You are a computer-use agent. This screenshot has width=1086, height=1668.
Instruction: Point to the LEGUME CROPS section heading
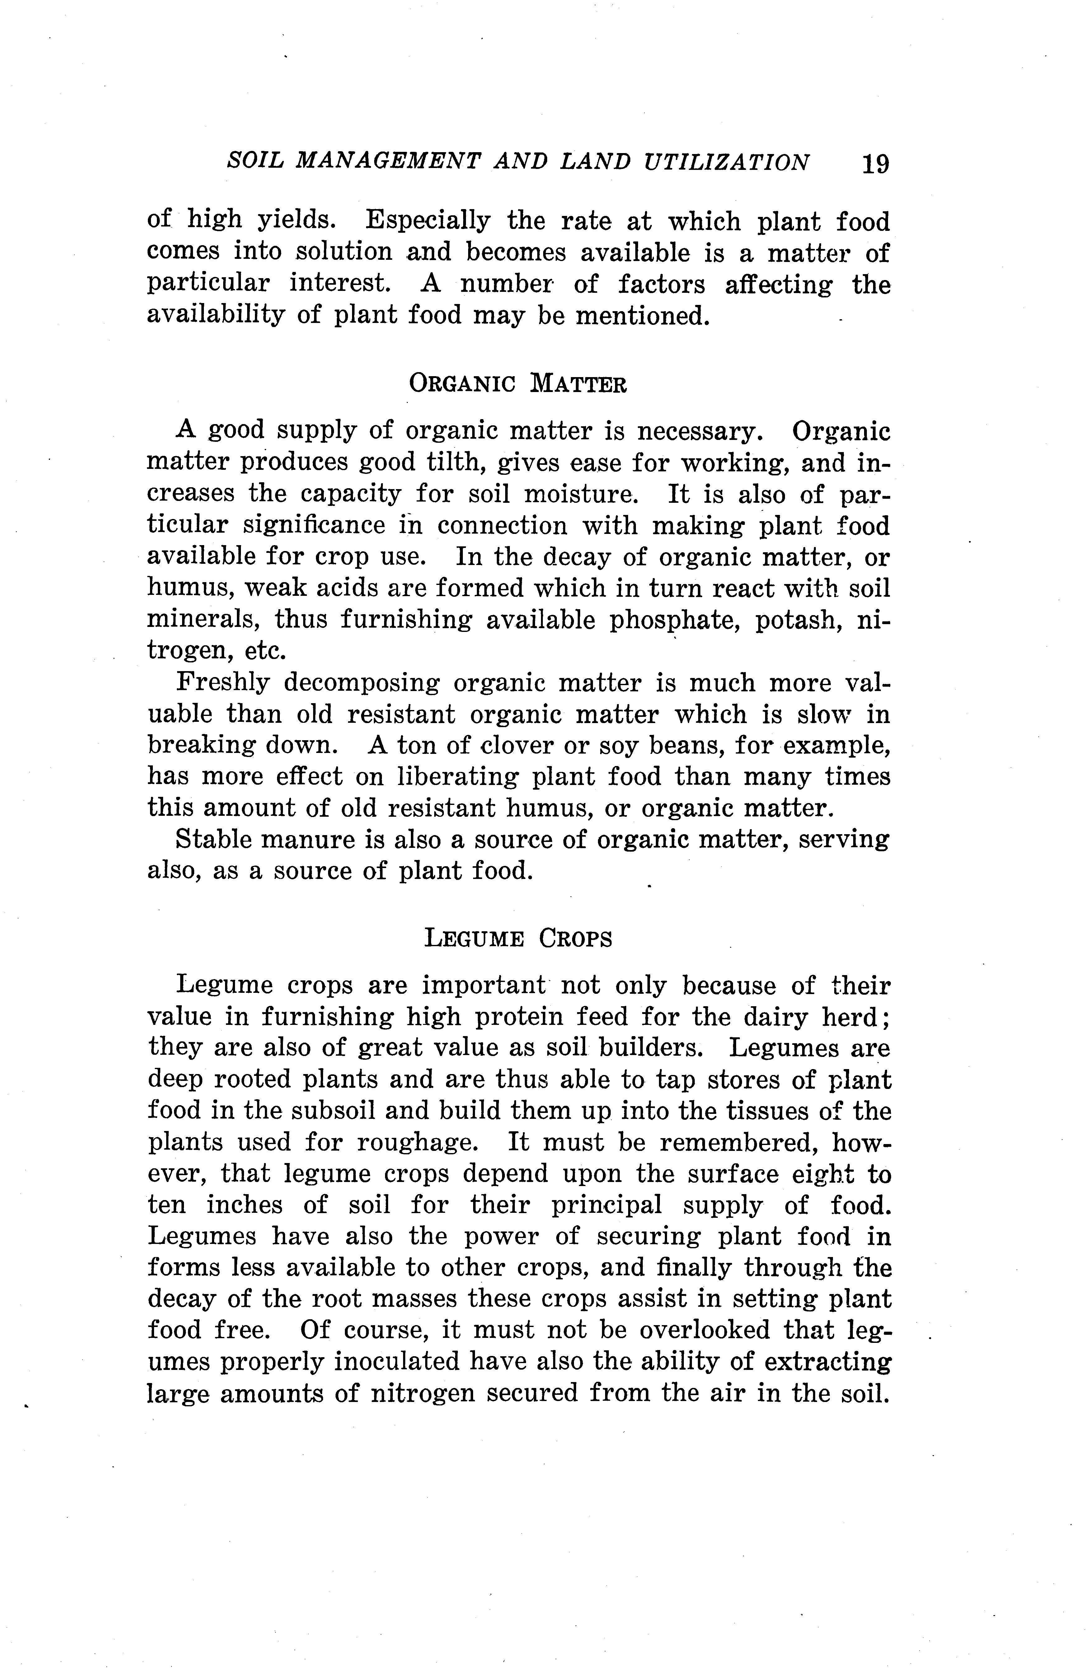(x=518, y=938)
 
